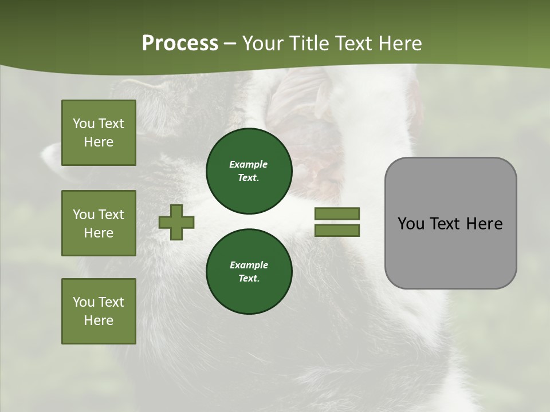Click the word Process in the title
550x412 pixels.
pyautogui.click(x=180, y=43)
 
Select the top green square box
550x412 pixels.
pyautogui.click(x=99, y=133)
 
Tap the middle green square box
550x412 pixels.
pyautogui.click(x=99, y=223)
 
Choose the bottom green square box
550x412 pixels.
pyautogui.click(x=99, y=311)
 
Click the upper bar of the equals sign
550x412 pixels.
pyautogui.click(x=337, y=214)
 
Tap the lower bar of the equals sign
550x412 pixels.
pyautogui.click(x=337, y=231)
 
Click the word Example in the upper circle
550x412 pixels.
pyautogui.click(x=249, y=164)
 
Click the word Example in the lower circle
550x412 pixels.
pyautogui.click(x=249, y=265)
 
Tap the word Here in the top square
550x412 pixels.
pyautogui.click(x=99, y=142)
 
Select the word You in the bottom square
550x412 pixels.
pyautogui.click(x=83, y=302)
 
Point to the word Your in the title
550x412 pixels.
pyautogui.click(x=264, y=43)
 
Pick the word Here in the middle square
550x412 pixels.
pyautogui.click(x=99, y=233)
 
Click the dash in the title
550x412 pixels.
pyautogui.click(x=230, y=44)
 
